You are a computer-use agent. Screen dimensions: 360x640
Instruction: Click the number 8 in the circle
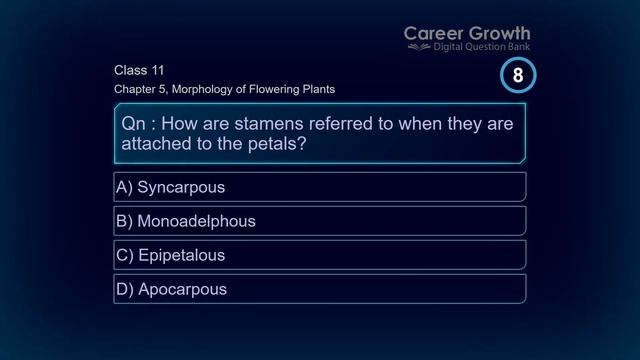[518, 75]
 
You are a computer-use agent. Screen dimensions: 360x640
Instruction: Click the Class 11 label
[139, 70]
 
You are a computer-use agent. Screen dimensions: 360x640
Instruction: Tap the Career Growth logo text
[467, 34]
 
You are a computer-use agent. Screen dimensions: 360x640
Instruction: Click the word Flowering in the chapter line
[276, 89]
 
